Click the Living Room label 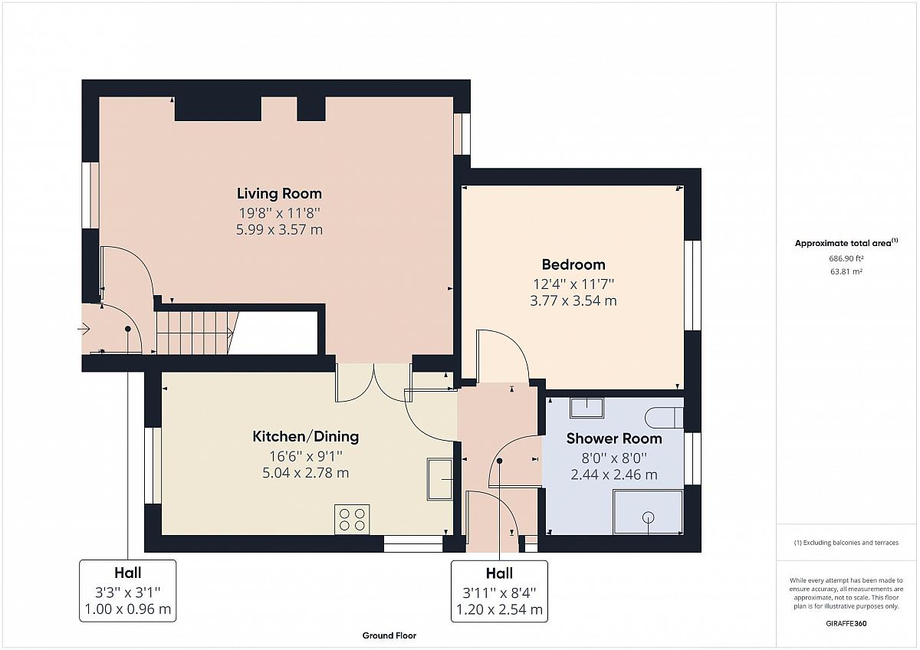279,194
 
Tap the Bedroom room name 573,264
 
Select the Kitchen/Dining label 306,436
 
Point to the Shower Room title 614,438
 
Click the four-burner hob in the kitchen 352,520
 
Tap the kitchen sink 440,479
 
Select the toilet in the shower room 664,418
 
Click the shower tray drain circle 649,517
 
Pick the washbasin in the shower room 586,408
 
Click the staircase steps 192,333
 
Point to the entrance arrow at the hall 84,329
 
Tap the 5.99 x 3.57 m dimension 279,229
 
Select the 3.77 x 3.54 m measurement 573,301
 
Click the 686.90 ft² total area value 846,258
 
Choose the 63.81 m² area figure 846,271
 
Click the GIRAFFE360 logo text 846,623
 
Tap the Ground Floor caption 389,635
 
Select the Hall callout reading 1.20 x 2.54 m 499,591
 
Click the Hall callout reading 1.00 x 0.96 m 128,591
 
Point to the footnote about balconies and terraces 846,543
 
